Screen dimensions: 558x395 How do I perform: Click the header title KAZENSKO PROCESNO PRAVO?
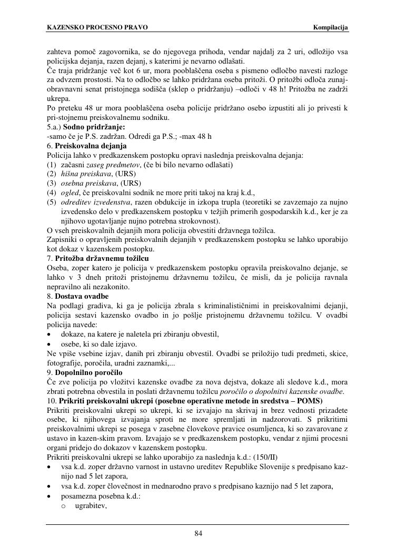coord(97,27)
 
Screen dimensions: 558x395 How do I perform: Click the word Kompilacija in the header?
coord(331,27)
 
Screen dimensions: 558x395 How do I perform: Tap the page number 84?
coord(199,534)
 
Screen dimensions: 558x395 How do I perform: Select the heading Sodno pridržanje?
coord(94,127)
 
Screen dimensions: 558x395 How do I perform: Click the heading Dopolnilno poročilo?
coord(88,372)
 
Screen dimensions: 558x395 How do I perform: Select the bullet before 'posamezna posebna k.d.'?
coord(50,496)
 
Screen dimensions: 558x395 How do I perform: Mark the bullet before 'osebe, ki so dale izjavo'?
coord(50,344)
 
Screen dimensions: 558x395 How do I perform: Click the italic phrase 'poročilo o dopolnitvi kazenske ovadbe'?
coord(283,391)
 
